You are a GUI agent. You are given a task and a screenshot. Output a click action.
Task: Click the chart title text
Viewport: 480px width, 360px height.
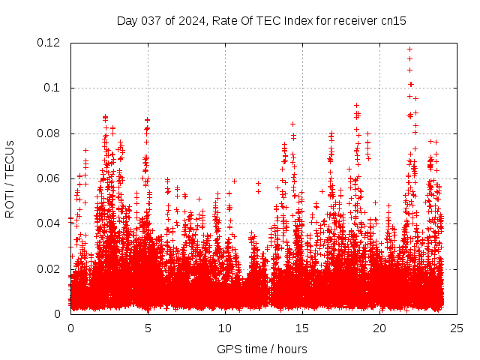point(261,21)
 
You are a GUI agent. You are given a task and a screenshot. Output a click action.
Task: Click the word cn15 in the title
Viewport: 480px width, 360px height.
point(393,21)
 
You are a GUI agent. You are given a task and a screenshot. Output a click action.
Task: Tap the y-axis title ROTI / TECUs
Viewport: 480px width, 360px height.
point(10,178)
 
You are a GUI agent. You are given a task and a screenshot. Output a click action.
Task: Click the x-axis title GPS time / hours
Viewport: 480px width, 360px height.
point(262,349)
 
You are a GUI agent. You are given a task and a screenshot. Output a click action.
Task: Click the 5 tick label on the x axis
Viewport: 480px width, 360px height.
point(148,328)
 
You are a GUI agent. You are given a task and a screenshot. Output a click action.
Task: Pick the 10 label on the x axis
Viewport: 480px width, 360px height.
point(225,328)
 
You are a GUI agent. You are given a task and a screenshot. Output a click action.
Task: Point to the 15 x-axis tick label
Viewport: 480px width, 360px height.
point(302,328)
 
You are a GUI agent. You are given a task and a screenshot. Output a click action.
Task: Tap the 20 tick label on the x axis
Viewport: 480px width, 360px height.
point(379,328)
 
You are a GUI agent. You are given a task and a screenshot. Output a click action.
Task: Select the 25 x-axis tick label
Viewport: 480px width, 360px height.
point(457,328)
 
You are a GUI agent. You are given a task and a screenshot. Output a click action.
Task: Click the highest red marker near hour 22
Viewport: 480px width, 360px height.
point(409,49)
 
